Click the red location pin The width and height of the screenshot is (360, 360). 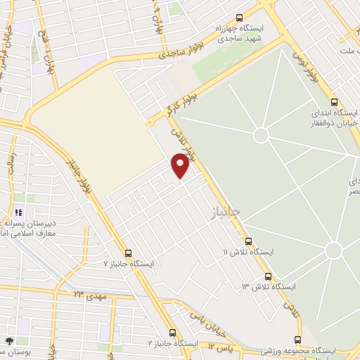tap(181, 165)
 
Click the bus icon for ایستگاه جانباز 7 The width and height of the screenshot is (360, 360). tap(128, 253)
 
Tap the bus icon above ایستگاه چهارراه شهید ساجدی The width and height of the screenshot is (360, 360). tap(240, 18)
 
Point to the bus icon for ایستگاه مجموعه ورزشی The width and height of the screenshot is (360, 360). tap(298, 340)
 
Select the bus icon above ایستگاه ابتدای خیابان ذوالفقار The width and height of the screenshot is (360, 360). tap(333, 101)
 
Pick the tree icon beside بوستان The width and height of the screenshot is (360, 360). tap(9, 341)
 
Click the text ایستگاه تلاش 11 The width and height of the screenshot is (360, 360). tap(247, 252)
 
